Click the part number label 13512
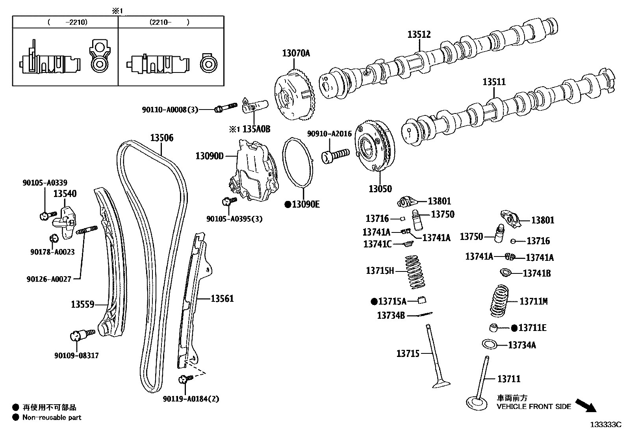[x=419, y=35]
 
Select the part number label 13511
[x=494, y=82]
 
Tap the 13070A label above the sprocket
[x=296, y=53]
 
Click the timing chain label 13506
[x=161, y=138]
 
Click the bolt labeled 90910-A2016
[x=336, y=154]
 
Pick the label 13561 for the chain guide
[x=222, y=299]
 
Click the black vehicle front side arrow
[x=586, y=405]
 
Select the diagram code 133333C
[x=605, y=425]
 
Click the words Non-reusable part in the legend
[x=52, y=417]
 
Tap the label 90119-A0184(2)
[x=191, y=399]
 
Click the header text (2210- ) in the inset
[x=169, y=22]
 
